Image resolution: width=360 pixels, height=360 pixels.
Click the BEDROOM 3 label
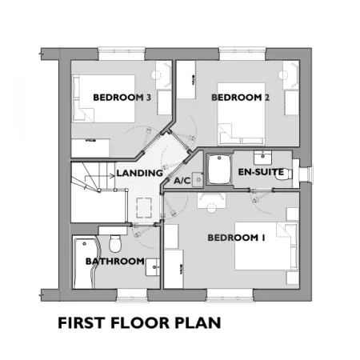tap(122, 98)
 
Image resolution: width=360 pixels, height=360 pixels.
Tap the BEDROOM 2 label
tap(240, 98)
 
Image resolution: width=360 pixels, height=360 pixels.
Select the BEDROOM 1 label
tap(236, 238)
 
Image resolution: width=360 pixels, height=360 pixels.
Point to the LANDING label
tap(139, 173)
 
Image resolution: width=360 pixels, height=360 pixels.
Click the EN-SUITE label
tap(261, 172)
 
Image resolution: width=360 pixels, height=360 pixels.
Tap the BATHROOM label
tap(115, 262)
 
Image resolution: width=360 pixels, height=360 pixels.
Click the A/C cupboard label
tap(182, 181)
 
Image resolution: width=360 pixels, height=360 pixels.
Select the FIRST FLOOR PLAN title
tap(139, 322)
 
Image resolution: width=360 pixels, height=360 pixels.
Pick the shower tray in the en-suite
tap(219, 169)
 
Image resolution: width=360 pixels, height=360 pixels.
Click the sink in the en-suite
tap(262, 158)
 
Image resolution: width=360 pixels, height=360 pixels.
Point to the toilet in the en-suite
tap(283, 174)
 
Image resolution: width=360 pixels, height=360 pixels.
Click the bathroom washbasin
tap(153, 267)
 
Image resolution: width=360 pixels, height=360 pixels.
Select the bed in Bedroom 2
tap(241, 114)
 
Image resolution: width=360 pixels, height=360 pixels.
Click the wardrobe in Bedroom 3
tap(90, 148)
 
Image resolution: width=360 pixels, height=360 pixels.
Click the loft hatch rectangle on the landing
tap(144, 207)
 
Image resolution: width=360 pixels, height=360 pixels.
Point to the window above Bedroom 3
tap(122, 54)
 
